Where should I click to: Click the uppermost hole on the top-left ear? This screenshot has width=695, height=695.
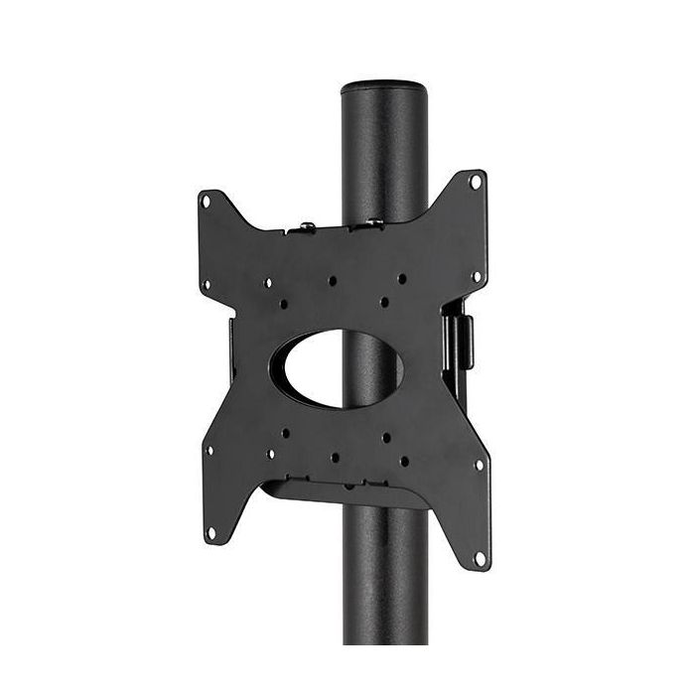(207, 202)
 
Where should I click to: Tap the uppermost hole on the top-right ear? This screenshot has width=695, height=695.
(476, 182)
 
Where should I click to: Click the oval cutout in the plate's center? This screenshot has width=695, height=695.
(344, 366)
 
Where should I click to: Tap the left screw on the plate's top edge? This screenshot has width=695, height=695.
(308, 227)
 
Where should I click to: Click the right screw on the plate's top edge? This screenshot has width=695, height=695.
(375, 222)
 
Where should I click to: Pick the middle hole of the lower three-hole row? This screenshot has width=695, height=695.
(335, 458)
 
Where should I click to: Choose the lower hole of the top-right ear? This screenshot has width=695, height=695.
(477, 276)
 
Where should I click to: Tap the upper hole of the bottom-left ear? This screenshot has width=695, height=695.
(208, 450)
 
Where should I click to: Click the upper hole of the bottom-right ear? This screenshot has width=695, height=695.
(479, 465)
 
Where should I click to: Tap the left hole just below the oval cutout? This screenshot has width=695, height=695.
(285, 433)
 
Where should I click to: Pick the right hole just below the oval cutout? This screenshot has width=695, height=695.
(385, 437)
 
